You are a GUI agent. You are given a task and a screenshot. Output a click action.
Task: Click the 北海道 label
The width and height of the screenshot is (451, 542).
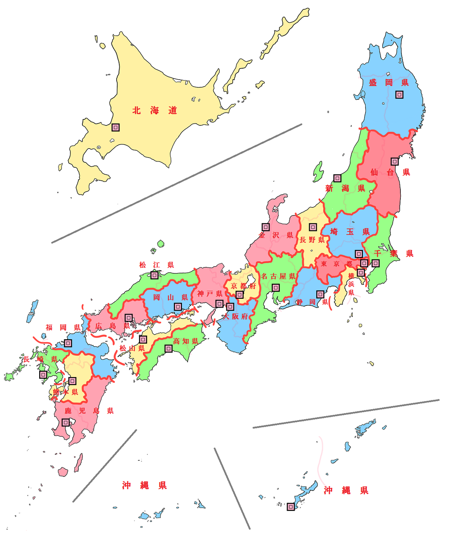[x=155, y=111]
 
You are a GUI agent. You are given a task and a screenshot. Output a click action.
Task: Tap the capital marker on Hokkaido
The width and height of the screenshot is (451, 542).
[x=115, y=127]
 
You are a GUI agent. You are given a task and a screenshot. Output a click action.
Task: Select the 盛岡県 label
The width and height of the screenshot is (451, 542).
[x=388, y=82]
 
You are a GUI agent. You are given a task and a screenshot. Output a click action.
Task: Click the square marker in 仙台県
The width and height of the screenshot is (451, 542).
[x=395, y=161]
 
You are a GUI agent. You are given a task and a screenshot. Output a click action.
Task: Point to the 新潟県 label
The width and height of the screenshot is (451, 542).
[x=345, y=189]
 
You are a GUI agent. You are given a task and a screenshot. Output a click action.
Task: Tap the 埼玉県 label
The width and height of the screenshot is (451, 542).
[x=350, y=232]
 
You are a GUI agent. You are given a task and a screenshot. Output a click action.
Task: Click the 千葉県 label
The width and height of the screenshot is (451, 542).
[x=394, y=253]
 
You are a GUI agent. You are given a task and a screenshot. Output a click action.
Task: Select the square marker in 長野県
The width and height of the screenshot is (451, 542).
[x=313, y=227]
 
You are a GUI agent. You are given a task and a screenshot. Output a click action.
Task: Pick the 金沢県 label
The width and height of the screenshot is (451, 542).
[x=276, y=235]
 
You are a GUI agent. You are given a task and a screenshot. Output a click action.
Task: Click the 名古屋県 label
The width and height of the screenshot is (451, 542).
[x=278, y=276]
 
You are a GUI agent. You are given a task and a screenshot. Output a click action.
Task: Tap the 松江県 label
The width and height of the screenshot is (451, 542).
[x=156, y=265]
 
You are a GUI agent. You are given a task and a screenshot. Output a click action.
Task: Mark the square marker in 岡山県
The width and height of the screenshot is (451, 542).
[x=177, y=306]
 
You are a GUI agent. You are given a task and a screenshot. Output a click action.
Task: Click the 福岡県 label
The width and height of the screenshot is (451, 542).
[x=63, y=327]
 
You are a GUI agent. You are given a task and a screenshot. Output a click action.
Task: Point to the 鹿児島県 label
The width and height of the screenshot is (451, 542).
[x=89, y=411]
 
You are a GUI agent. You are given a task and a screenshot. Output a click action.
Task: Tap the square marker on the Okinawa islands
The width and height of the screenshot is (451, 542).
[x=291, y=507]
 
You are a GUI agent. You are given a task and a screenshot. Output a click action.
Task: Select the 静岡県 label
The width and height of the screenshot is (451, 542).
[x=312, y=302]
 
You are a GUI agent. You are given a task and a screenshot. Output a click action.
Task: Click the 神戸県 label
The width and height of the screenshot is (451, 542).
[x=210, y=293]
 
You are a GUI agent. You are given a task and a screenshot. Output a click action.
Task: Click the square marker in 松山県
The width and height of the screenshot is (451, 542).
[x=143, y=340]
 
